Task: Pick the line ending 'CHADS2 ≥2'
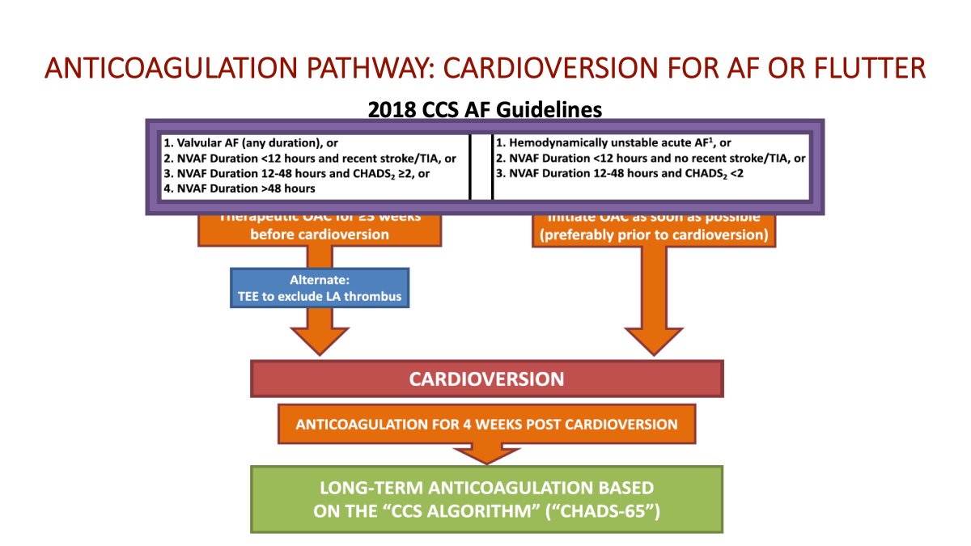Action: (307, 173)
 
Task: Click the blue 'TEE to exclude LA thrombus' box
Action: (320, 289)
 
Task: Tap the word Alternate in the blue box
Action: (319, 281)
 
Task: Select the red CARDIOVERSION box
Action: (486, 379)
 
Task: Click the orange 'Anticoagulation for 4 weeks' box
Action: (486, 424)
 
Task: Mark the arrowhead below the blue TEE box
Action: (319, 339)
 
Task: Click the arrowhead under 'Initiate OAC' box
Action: (653, 339)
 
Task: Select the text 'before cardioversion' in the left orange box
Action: (320, 234)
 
